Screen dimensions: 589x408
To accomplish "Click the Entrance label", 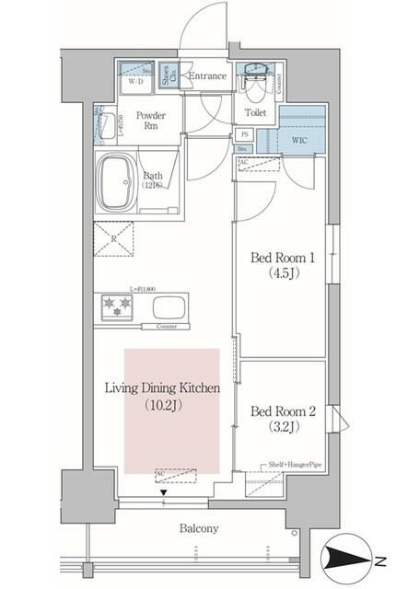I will click(x=206, y=76).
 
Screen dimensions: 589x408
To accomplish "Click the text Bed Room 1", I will click(x=280, y=259).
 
